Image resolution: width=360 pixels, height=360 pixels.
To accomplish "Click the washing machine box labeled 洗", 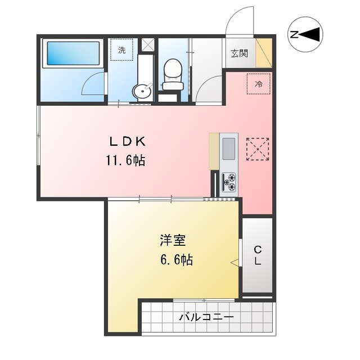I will pos(122,49).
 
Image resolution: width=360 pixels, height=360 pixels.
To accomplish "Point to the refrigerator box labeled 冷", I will pos(259,84).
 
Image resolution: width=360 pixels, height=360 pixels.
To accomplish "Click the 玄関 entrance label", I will pos(239,53).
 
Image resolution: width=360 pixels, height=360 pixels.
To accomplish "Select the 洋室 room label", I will pos(173,241).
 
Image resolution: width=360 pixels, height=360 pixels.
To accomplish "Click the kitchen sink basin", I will pos(229,148).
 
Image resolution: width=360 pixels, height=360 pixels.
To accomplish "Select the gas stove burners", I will pos(229,181).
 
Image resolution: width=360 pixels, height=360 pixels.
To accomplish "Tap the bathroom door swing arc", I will pos(93,84).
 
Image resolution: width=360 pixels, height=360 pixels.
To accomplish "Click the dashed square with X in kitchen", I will pos(258,150).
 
